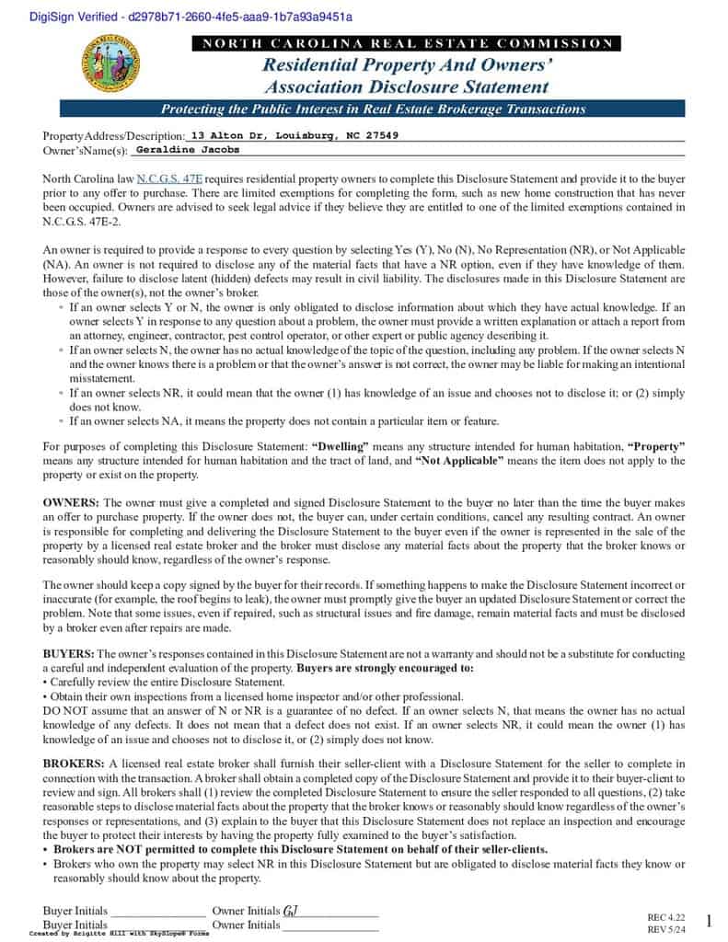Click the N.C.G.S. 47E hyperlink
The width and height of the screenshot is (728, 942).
tap(169, 178)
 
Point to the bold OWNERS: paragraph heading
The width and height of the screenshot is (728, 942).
tap(72, 503)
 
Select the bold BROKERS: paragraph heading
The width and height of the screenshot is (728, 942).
tap(75, 764)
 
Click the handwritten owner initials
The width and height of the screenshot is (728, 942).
tap(289, 911)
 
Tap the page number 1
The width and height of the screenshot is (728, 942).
tap(709, 921)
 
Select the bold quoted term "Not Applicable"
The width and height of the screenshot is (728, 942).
tap(459, 460)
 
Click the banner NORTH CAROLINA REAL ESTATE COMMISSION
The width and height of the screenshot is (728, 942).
tap(406, 43)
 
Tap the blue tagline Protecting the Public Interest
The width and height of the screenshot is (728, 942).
tap(373, 109)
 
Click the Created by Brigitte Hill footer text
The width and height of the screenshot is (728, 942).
tap(119, 933)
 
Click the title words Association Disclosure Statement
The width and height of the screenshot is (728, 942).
tap(406, 87)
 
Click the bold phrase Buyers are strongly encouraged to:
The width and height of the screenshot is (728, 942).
tap(385, 669)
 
